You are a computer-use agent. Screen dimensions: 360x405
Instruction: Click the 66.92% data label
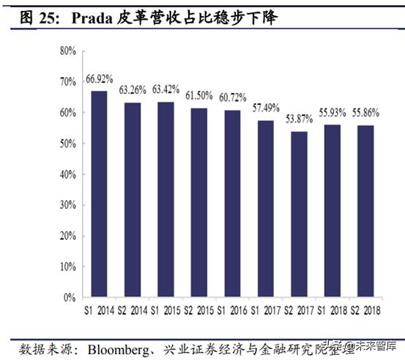(x=100, y=78)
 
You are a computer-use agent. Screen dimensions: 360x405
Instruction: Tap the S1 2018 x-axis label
(x=332, y=311)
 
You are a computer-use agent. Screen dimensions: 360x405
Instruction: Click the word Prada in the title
(x=93, y=16)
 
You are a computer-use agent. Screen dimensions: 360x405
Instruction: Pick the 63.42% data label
(x=166, y=89)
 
